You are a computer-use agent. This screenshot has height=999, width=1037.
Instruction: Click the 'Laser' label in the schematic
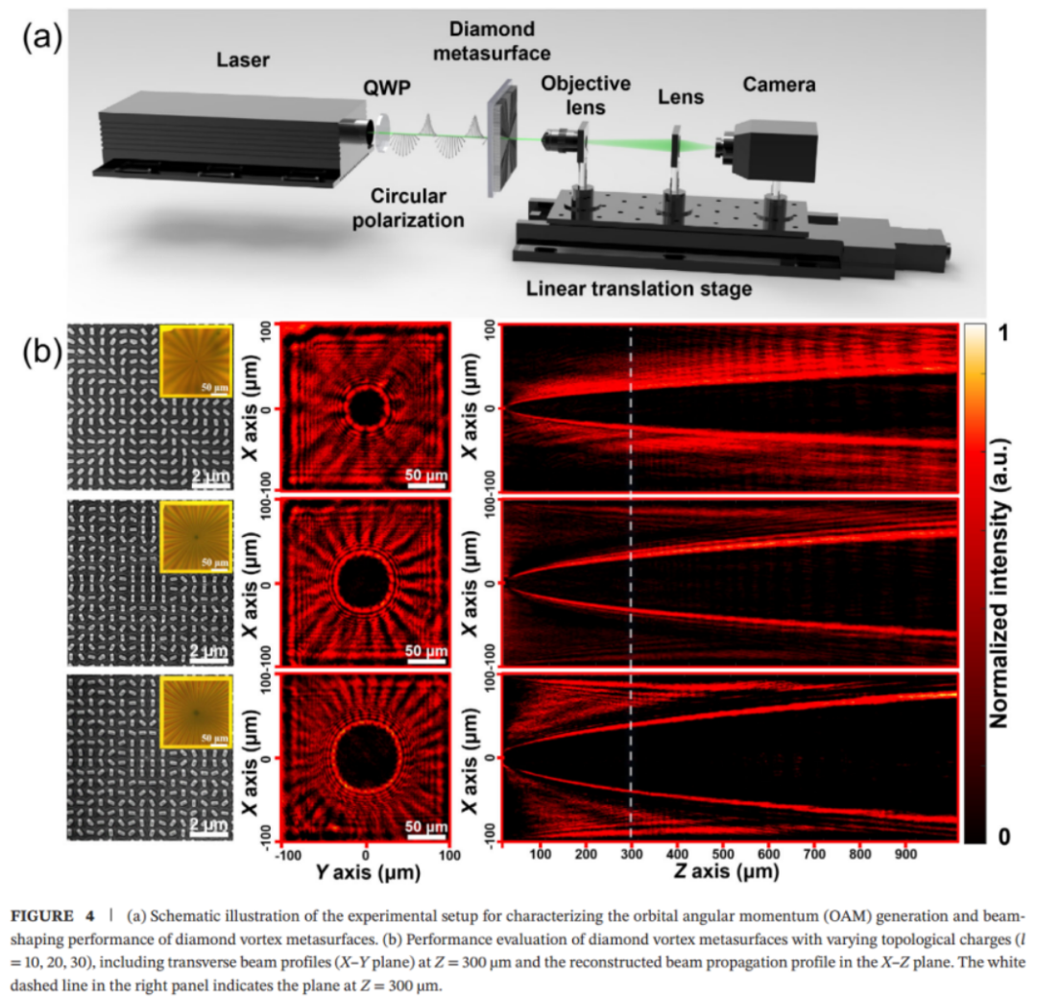(243, 61)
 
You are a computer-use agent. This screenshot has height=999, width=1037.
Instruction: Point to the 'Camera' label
(779, 85)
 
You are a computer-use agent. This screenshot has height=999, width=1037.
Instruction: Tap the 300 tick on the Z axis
(631, 852)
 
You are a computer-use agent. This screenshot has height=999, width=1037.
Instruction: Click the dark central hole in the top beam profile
(366, 408)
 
